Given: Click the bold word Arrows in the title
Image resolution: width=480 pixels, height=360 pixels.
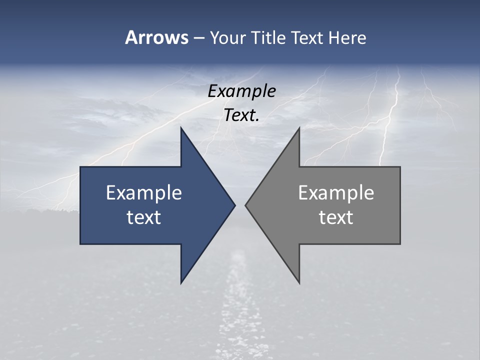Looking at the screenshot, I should [156, 37].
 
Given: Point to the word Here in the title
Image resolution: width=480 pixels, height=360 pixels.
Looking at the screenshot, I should [347, 37].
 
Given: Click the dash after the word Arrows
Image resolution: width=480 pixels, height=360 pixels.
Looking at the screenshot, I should [198, 38].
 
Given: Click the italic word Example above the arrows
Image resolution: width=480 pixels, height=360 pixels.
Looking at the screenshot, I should [241, 91].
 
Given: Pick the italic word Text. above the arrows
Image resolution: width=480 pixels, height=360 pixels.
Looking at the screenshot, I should [241, 115].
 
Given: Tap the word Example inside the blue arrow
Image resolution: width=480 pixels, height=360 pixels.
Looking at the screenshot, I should [144, 193].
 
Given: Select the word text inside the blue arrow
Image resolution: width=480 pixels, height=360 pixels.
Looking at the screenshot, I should [144, 217].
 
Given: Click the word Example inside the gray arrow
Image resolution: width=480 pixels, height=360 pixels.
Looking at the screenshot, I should [336, 193].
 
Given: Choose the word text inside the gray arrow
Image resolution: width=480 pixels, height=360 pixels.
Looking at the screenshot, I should [336, 217].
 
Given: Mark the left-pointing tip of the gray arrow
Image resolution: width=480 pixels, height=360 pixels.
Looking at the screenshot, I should [246, 205].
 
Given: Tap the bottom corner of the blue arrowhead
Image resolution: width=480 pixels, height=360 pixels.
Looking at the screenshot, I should [181, 282].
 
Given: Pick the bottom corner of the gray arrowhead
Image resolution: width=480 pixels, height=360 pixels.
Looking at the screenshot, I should [299, 282].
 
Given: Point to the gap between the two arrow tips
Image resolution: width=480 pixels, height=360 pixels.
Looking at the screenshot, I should [240, 205].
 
